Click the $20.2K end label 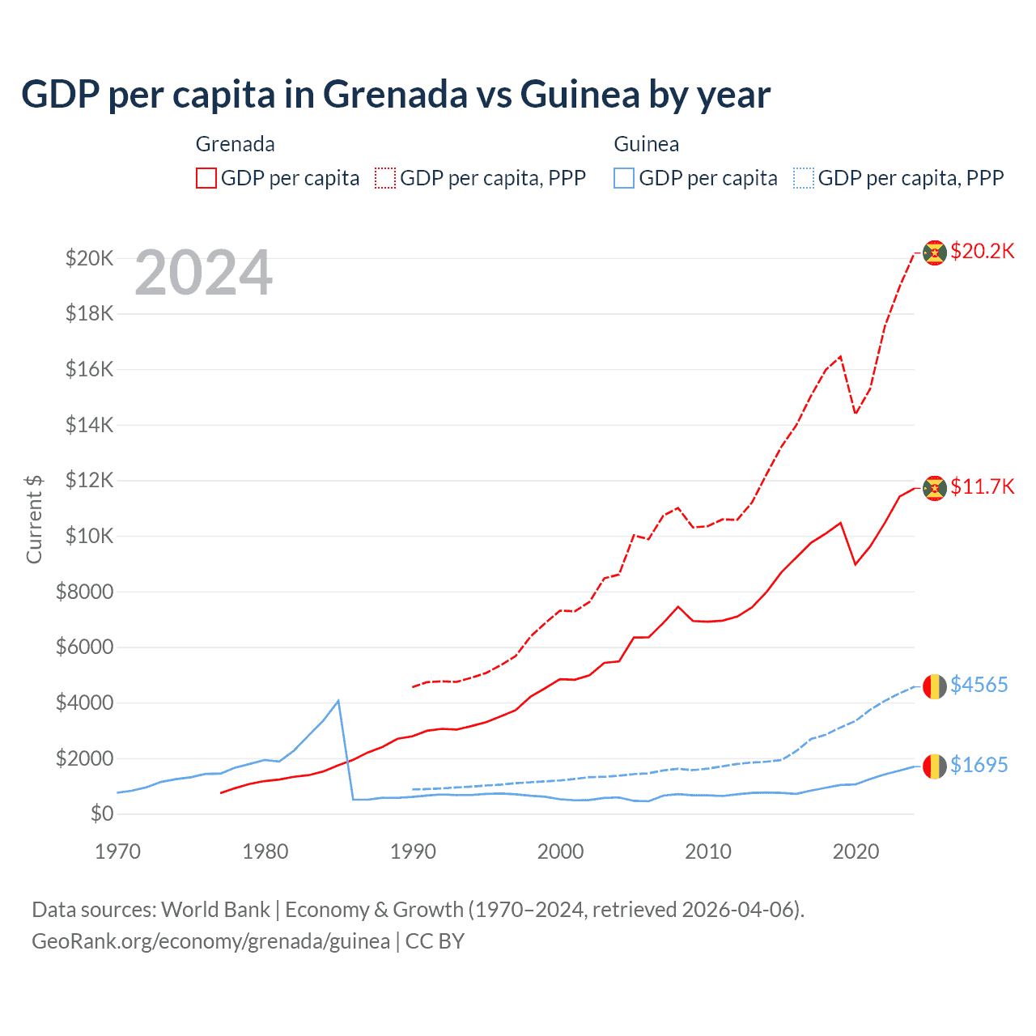click(x=982, y=251)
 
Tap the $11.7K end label click(x=982, y=486)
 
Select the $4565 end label click(x=979, y=685)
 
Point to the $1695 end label click(x=979, y=765)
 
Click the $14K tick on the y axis click(x=89, y=425)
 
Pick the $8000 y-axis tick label click(x=84, y=592)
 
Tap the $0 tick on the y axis click(x=101, y=813)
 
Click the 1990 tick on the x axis click(x=413, y=851)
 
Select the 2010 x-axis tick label click(x=708, y=851)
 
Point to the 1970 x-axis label click(x=117, y=851)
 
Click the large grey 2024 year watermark click(x=203, y=274)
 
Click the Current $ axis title click(x=34, y=519)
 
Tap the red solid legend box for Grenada click(x=206, y=178)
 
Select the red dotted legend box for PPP click(x=385, y=178)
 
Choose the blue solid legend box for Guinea click(x=624, y=178)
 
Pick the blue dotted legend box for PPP click(x=803, y=178)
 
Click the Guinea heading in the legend click(x=646, y=144)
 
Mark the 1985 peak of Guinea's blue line click(x=338, y=700)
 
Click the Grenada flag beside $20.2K click(x=935, y=253)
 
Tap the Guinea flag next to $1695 click(x=935, y=766)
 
